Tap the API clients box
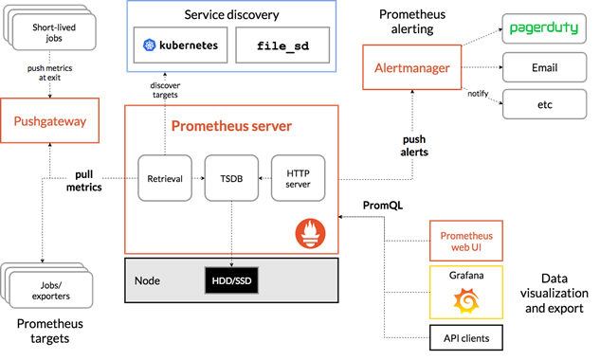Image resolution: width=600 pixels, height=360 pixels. (x=464, y=337)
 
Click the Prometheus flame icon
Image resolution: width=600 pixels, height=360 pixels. (x=313, y=232)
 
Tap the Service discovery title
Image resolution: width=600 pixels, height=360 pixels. (x=231, y=15)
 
